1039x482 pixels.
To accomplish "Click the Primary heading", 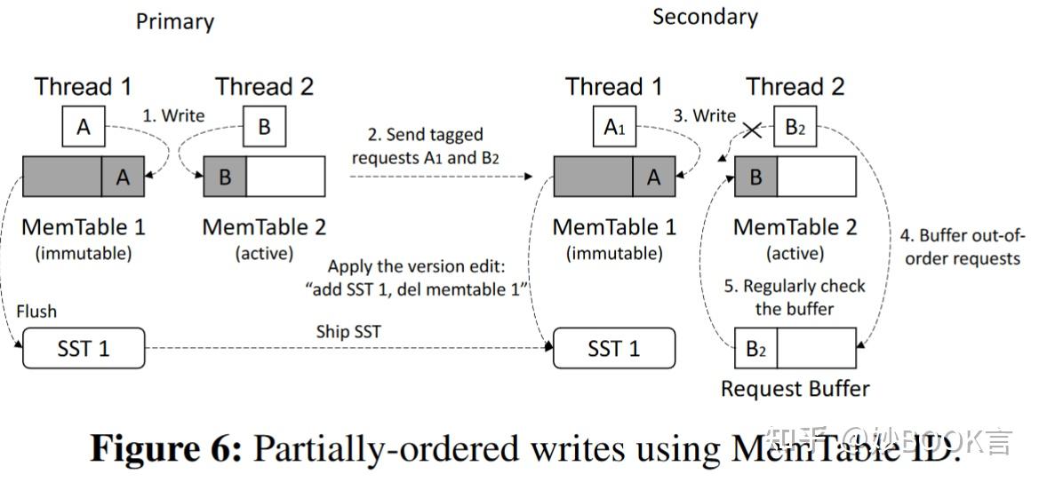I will click(x=174, y=21).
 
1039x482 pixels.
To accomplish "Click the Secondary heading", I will click(x=705, y=17).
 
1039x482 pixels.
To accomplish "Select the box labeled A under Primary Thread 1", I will click(x=84, y=127).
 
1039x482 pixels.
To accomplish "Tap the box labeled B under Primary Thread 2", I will click(x=264, y=127).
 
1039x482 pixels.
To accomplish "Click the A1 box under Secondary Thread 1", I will click(x=614, y=127).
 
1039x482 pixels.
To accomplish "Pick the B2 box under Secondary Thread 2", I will click(x=795, y=127).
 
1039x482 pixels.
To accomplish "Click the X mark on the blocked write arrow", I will click(x=752, y=130).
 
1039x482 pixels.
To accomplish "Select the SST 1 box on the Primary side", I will click(x=83, y=349).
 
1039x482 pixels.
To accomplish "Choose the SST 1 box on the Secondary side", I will click(x=613, y=349).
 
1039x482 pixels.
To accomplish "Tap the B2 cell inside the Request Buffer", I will click(x=755, y=349).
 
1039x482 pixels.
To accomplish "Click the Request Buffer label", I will click(x=795, y=388).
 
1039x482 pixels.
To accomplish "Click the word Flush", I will click(x=36, y=311).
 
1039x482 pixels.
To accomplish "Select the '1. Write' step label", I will click(x=174, y=115).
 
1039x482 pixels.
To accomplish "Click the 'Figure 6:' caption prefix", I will click(x=166, y=449).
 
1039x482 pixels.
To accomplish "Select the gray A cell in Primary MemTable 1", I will click(x=123, y=177).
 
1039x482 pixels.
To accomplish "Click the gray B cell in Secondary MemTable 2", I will click(x=755, y=177).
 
